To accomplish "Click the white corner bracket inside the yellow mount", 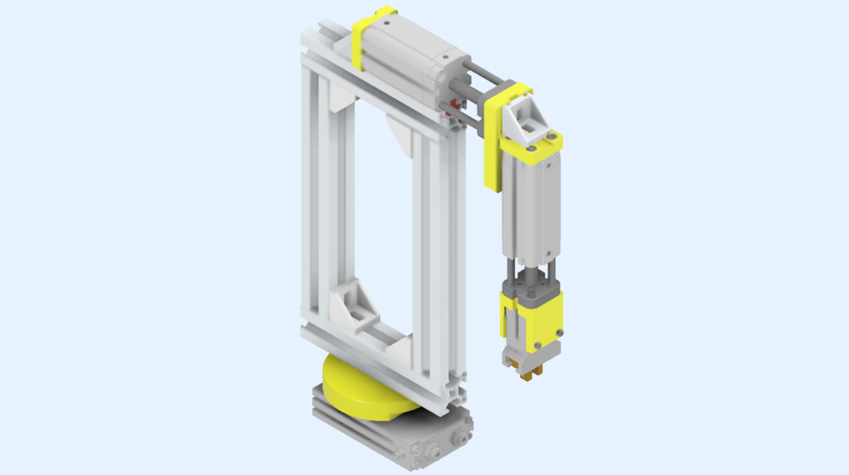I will [529, 116].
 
